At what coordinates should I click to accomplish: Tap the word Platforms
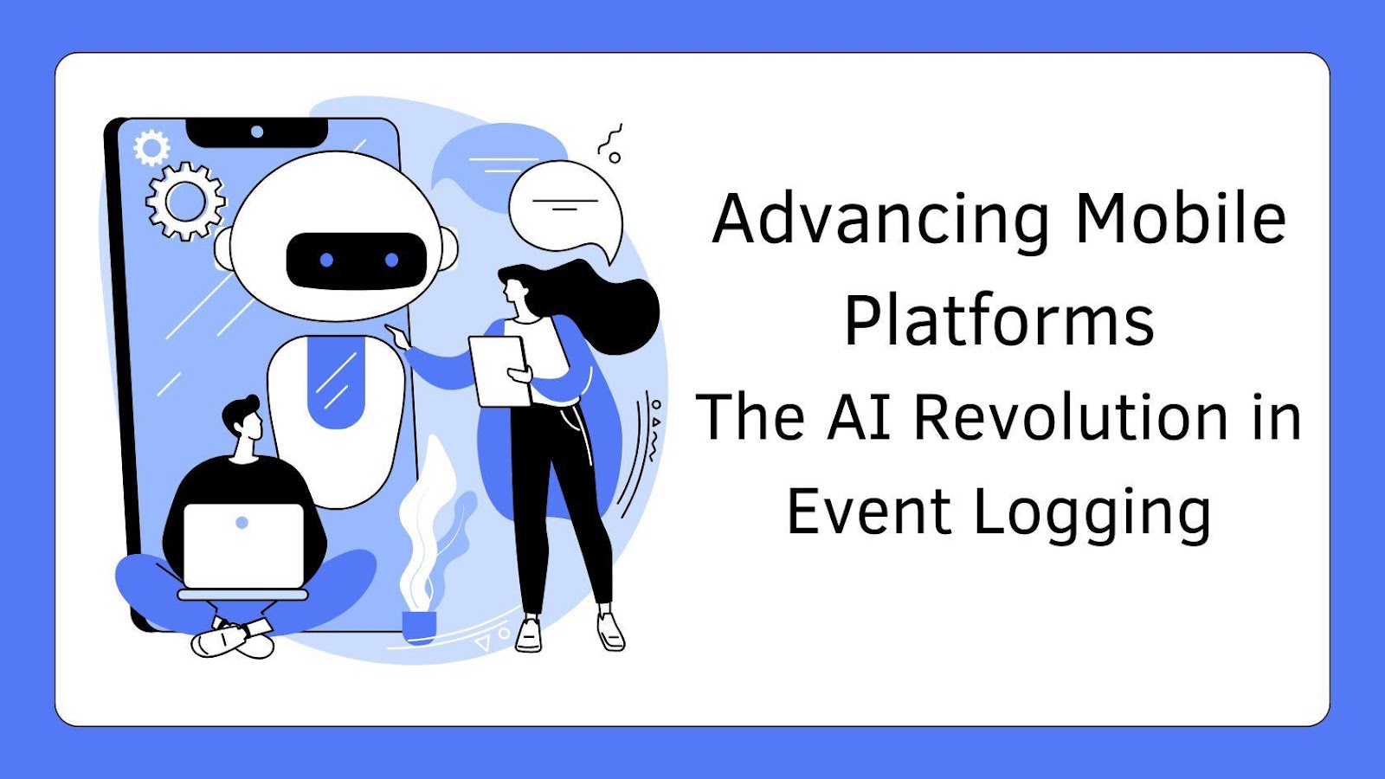pos(999,320)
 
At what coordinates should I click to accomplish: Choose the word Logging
pos(1092,515)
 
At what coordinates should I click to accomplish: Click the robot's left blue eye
pos(326,261)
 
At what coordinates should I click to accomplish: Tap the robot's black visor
pos(357,261)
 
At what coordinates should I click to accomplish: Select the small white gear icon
pos(151,148)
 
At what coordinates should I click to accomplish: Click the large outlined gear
pos(185,202)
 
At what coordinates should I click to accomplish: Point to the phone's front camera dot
pos(257,132)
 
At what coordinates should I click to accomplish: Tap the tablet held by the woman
pos(500,371)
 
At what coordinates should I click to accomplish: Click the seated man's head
pos(243,417)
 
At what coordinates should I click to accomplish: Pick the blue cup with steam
pos(419,627)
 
